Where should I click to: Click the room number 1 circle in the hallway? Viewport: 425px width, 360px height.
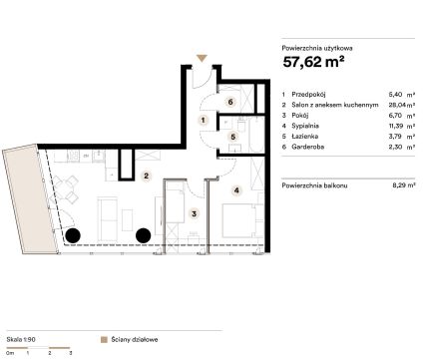click(x=204, y=120)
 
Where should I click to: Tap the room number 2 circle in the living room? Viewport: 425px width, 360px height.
click(x=146, y=176)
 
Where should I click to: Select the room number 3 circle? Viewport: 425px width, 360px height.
click(x=195, y=213)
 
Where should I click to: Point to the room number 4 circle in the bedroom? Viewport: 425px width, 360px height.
click(x=236, y=190)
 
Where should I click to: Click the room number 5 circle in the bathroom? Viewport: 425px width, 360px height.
click(x=233, y=137)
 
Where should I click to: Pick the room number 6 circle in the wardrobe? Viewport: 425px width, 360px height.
click(x=230, y=102)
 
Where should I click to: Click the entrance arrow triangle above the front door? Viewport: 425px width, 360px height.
click(x=202, y=58)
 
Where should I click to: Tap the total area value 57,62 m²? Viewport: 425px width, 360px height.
click(x=313, y=62)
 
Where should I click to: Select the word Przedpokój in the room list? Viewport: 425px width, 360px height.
click(x=308, y=95)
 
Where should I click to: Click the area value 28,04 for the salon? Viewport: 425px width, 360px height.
click(x=397, y=105)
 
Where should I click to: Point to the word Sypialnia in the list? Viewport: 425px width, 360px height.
click(x=305, y=126)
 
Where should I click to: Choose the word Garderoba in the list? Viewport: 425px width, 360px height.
click(x=307, y=147)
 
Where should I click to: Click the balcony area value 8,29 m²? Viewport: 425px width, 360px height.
click(x=404, y=185)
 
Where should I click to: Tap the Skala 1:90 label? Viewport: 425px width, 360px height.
click(x=21, y=339)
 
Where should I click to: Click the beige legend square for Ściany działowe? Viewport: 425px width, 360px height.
click(x=104, y=340)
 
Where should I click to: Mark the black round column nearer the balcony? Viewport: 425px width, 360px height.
click(x=73, y=235)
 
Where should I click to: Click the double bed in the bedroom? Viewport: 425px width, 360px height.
click(x=238, y=220)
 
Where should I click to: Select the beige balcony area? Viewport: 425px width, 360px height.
click(x=30, y=199)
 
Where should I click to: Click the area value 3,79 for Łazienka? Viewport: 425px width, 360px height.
click(x=396, y=137)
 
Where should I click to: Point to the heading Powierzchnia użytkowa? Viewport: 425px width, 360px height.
click(x=317, y=48)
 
